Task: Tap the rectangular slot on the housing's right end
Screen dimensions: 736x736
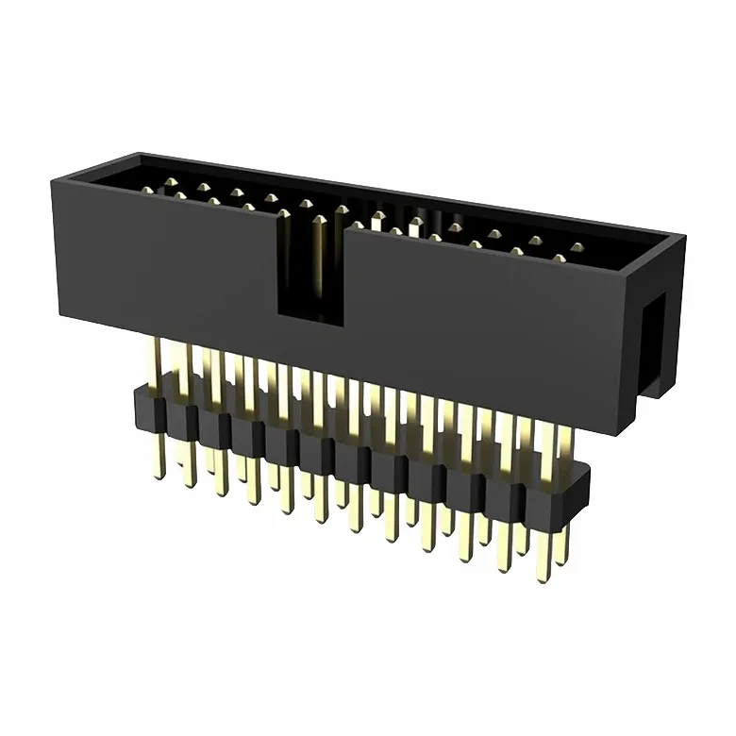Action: coord(652,341)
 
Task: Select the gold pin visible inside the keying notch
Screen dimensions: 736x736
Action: coord(319,255)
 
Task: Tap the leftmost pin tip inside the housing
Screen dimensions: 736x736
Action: coord(147,191)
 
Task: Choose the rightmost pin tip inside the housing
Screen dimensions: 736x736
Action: coord(577,248)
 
